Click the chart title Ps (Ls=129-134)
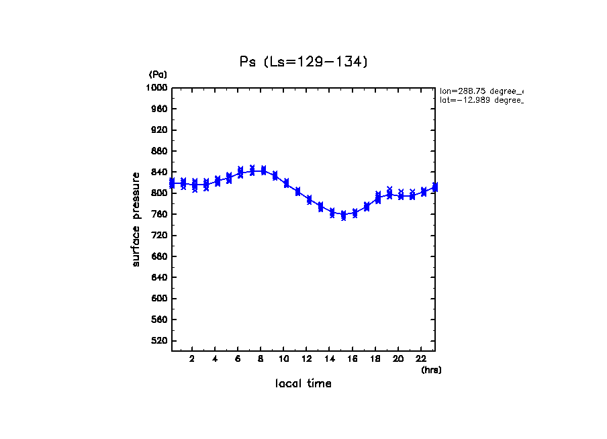coord(303,62)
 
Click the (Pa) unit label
coord(158,75)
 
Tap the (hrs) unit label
coord(431,370)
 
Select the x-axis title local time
coord(303,384)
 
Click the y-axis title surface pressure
coord(136,219)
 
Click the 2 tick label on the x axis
coord(192,359)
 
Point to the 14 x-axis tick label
coord(330,359)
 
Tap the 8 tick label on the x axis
coord(261,359)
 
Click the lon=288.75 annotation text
coord(480,91)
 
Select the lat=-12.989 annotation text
coord(480,100)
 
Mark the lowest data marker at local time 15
coord(344,216)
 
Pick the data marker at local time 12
coord(310,200)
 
